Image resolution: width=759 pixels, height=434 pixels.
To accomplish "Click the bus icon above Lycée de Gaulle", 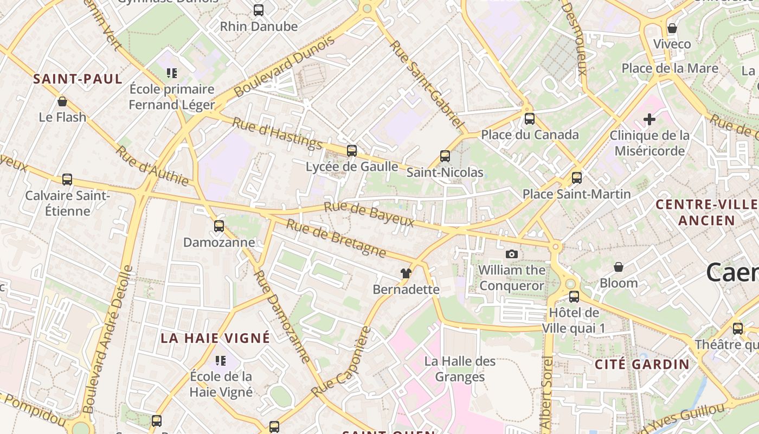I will [x=352, y=150].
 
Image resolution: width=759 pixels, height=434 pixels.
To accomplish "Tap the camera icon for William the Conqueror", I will [x=511, y=254].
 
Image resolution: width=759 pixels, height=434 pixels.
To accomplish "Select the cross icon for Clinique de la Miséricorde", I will [x=649, y=119].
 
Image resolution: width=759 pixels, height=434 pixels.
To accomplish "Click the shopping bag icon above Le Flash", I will [x=62, y=101].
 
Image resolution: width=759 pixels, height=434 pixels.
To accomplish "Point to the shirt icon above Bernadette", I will [x=406, y=273].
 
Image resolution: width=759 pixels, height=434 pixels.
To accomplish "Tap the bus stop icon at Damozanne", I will [x=219, y=226].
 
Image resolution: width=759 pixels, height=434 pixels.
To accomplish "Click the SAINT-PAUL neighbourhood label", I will [x=78, y=79].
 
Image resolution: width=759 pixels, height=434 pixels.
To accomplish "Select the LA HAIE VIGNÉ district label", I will [x=215, y=338].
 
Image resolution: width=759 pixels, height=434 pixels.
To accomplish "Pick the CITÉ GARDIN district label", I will [x=642, y=364].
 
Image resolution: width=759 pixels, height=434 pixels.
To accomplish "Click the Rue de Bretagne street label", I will [x=336, y=238].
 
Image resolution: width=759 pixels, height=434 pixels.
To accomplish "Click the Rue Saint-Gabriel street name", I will [x=427, y=85].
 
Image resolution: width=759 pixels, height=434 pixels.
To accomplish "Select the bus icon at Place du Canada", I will [x=529, y=118].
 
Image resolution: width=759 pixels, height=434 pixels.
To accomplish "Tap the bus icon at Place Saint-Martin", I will [x=577, y=177].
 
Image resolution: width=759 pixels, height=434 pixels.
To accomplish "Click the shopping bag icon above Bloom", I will [x=619, y=267].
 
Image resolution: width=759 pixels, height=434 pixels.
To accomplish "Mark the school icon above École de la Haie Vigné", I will [x=221, y=360].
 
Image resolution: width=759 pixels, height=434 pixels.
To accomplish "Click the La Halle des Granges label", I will [x=460, y=369].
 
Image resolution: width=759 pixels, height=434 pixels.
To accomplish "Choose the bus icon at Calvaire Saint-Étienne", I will [x=67, y=179].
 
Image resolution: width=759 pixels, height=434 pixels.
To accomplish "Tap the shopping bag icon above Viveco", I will [x=672, y=28].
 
